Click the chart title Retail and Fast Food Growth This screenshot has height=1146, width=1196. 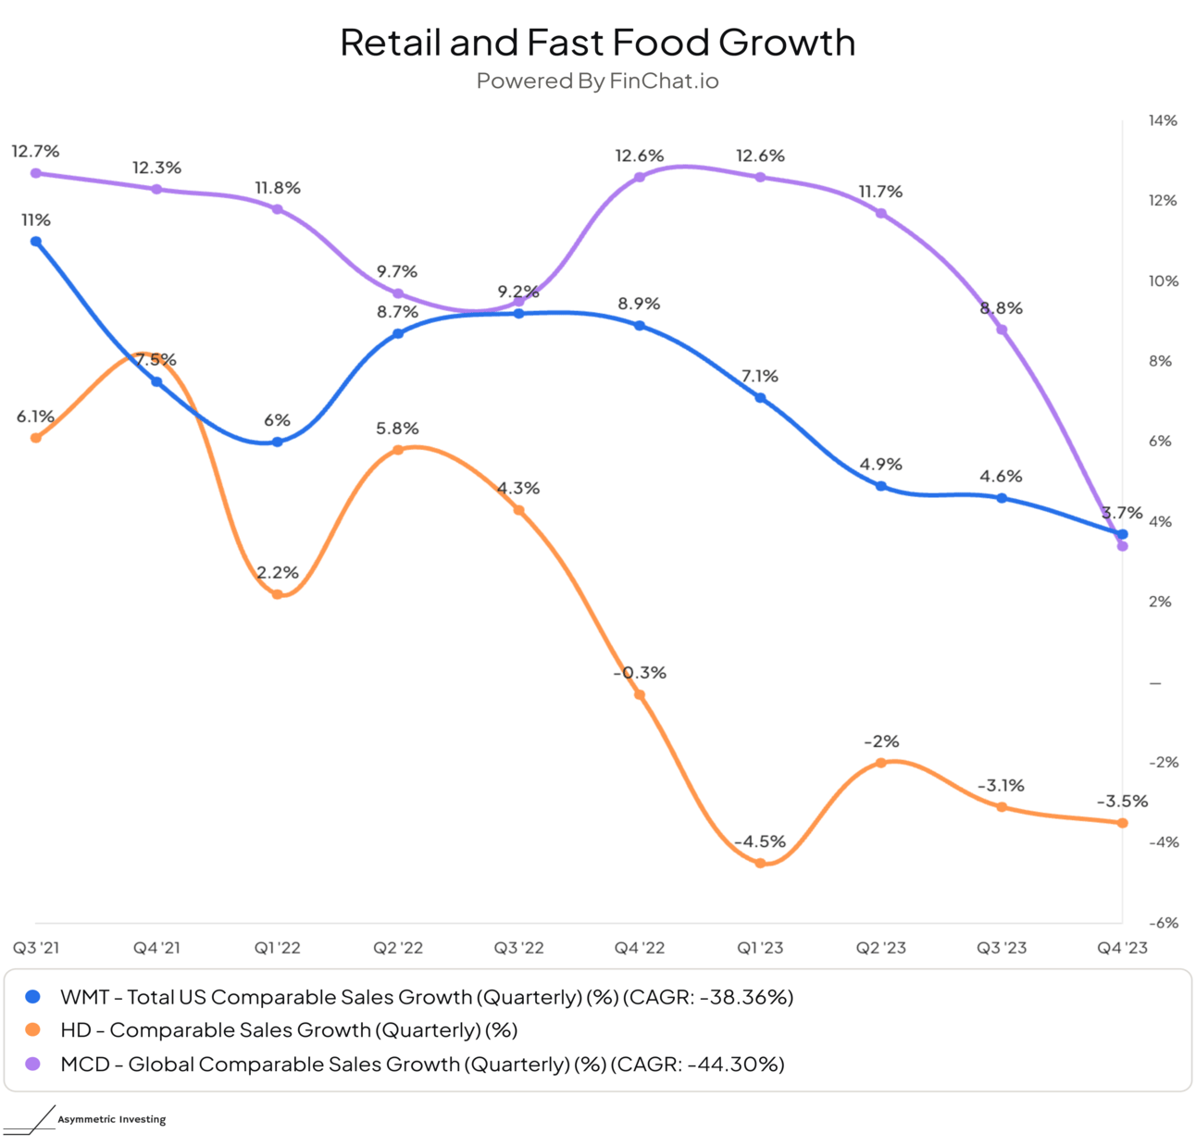pyautogui.click(x=597, y=43)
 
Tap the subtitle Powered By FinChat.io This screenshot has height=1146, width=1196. pyautogui.click(x=597, y=81)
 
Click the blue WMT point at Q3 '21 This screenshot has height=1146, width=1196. pyautogui.click(x=36, y=242)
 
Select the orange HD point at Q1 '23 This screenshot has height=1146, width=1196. pyautogui.click(x=760, y=863)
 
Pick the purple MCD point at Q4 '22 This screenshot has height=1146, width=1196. pyautogui.click(x=640, y=177)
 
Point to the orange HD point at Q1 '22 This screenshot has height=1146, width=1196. pyautogui.click(x=278, y=594)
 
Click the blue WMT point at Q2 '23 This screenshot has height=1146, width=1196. pyautogui.click(x=881, y=486)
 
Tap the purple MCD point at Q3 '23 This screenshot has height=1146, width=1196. pyautogui.click(x=1002, y=330)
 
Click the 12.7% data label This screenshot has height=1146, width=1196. pyautogui.click(x=35, y=151)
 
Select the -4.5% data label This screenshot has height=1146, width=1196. pyautogui.click(x=760, y=841)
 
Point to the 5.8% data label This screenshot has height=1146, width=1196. pyautogui.click(x=397, y=429)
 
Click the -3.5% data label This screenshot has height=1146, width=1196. pyautogui.click(x=1122, y=802)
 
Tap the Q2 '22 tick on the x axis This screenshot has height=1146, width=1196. pyautogui.click(x=398, y=948)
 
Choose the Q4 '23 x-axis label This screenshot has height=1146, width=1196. pyautogui.click(x=1122, y=948)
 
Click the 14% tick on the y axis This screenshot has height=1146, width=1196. pyautogui.click(x=1163, y=120)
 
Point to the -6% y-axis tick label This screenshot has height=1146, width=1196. pyautogui.click(x=1163, y=923)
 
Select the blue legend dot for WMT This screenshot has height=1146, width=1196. pyautogui.click(x=33, y=997)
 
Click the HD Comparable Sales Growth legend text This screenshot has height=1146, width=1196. pyautogui.click(x=289, y=1030)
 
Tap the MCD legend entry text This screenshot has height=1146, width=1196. pyautogui.click(x=422, y=1065)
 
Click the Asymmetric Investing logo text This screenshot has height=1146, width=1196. pyautogui.click(x=112, y=1119)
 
